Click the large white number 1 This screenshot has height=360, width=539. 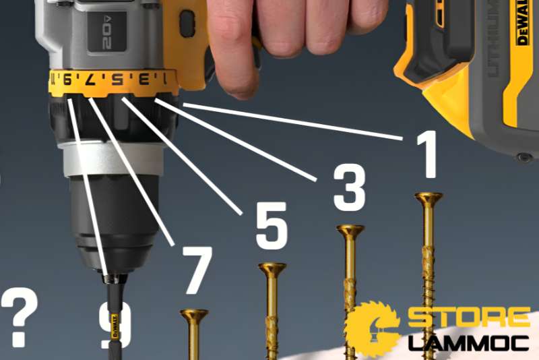(x=427, y=155)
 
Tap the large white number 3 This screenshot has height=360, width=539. (x=349, y=185)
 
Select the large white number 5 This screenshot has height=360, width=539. (x=272, y=224)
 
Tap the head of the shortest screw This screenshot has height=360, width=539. (x=194, y=315)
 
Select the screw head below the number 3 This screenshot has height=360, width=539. (x=350, y=231)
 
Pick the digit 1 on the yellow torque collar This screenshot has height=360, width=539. (x=162, y=78)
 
